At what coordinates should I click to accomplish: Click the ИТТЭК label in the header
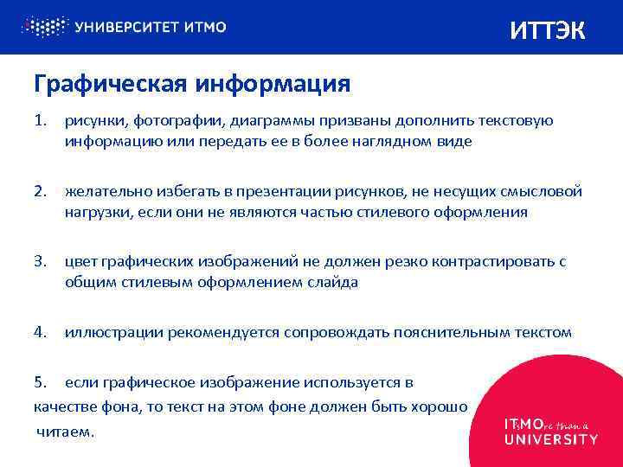pos(547,31)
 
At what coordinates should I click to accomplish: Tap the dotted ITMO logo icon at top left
pos(44,27)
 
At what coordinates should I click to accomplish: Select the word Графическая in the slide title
pos(109,84)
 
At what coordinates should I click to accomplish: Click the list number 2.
pos(40,190)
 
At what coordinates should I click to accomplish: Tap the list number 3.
pos(40,260)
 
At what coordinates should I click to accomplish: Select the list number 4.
pos(40,331)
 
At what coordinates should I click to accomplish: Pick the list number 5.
pos(40,381)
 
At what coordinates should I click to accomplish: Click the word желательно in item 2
pos(105,190)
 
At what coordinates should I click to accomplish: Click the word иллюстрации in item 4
pos(114,331)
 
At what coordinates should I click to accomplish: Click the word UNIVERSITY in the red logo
pos(550,439)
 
